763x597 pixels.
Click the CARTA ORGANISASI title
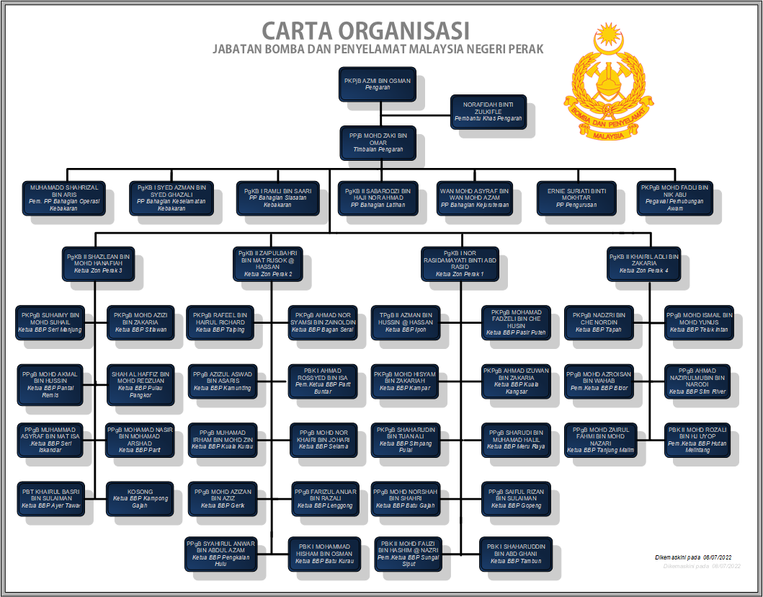pos(365,31)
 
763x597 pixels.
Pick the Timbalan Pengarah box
pos(377,142)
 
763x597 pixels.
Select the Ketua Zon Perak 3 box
pos(98,264)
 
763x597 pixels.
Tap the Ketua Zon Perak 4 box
pos(643,264)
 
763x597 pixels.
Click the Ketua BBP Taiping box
pos(220,322)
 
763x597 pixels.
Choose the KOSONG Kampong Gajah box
pos(140,498)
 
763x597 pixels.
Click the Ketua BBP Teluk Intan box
pos(698,322)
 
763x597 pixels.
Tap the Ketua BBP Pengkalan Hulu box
pos(220,553)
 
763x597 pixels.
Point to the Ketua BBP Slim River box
pos(698,381)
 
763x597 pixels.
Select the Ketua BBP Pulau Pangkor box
pos(140,381)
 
